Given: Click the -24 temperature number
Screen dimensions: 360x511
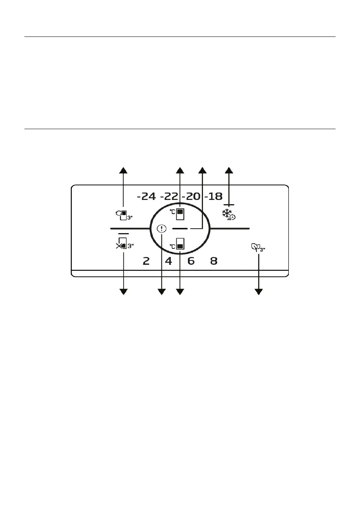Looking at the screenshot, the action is tap(146, 197).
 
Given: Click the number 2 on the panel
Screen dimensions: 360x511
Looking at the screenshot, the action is tap(146, 261).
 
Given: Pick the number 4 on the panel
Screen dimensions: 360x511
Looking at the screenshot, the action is tap(169, 261).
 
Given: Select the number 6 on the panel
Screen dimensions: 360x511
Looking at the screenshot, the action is tap(191, 261).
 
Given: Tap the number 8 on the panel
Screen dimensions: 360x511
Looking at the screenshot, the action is tap(213, 261).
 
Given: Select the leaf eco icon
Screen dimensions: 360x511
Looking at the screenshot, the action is tap(256, 247).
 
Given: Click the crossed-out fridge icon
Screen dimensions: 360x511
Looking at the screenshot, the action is tap(121, 246).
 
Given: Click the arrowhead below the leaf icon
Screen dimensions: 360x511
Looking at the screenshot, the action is tap(259, 292).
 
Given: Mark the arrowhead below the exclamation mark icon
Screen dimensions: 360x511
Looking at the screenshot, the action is tap(162, 292).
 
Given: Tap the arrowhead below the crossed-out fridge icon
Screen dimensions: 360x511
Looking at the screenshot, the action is tap(124, 292).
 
